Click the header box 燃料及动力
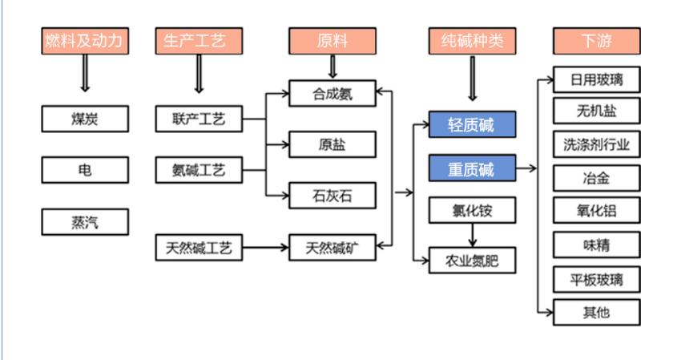[x=85, y=41]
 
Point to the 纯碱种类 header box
[x=471, y=41]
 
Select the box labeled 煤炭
[x=85, y=119]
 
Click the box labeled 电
[x=85, y=170]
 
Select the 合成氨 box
[x=332, y=94]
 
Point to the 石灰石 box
[x=332, y=194]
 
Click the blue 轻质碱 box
[x=471, y=124]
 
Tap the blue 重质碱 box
[x=471, y=169]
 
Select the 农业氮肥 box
[x=471, y=260]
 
